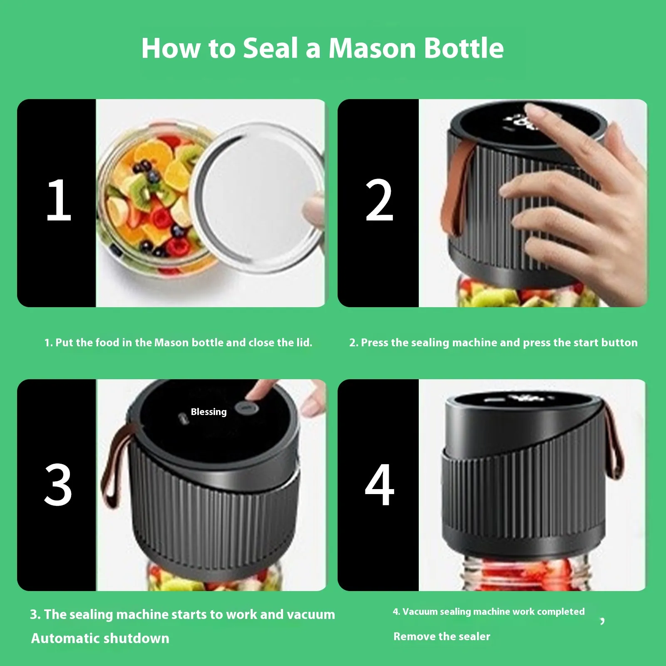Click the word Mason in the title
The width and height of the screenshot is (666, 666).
(x=372, y=48)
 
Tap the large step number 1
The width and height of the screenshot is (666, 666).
(x=59, y=200)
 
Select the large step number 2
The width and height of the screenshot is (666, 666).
(x=379, y=200)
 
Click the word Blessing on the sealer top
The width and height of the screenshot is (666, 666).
(x=209, y=412)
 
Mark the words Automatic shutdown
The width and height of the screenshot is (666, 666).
(x=100, y=638)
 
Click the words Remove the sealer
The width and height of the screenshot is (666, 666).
(x=442, y=636)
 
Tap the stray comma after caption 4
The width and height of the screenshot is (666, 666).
(x=602, y=621)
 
